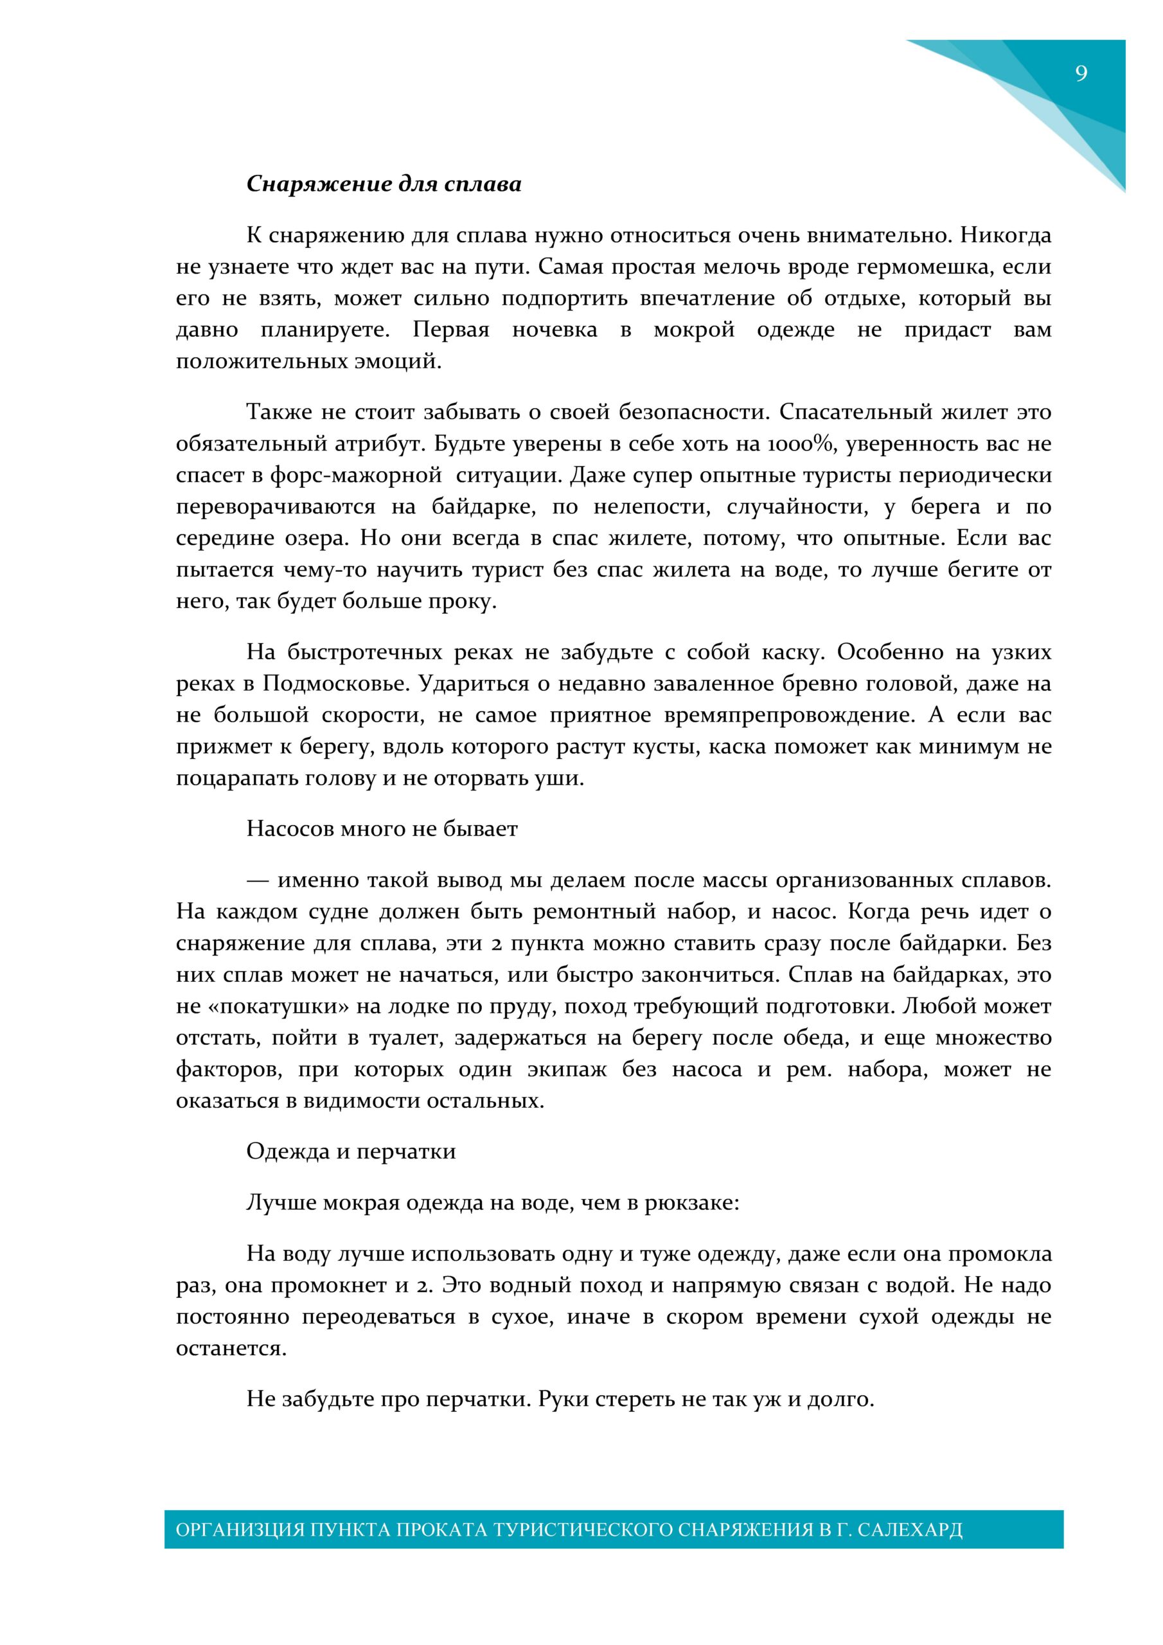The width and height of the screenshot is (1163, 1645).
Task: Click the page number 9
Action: tap(1081, 73)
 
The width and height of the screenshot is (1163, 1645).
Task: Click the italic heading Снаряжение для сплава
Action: tap(384, 184)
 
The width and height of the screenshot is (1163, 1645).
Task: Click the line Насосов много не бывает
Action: tap(382, 829)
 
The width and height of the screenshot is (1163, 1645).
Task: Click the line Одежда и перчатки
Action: tap(351, 1151)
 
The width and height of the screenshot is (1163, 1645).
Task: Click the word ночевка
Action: tap(554, 330)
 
